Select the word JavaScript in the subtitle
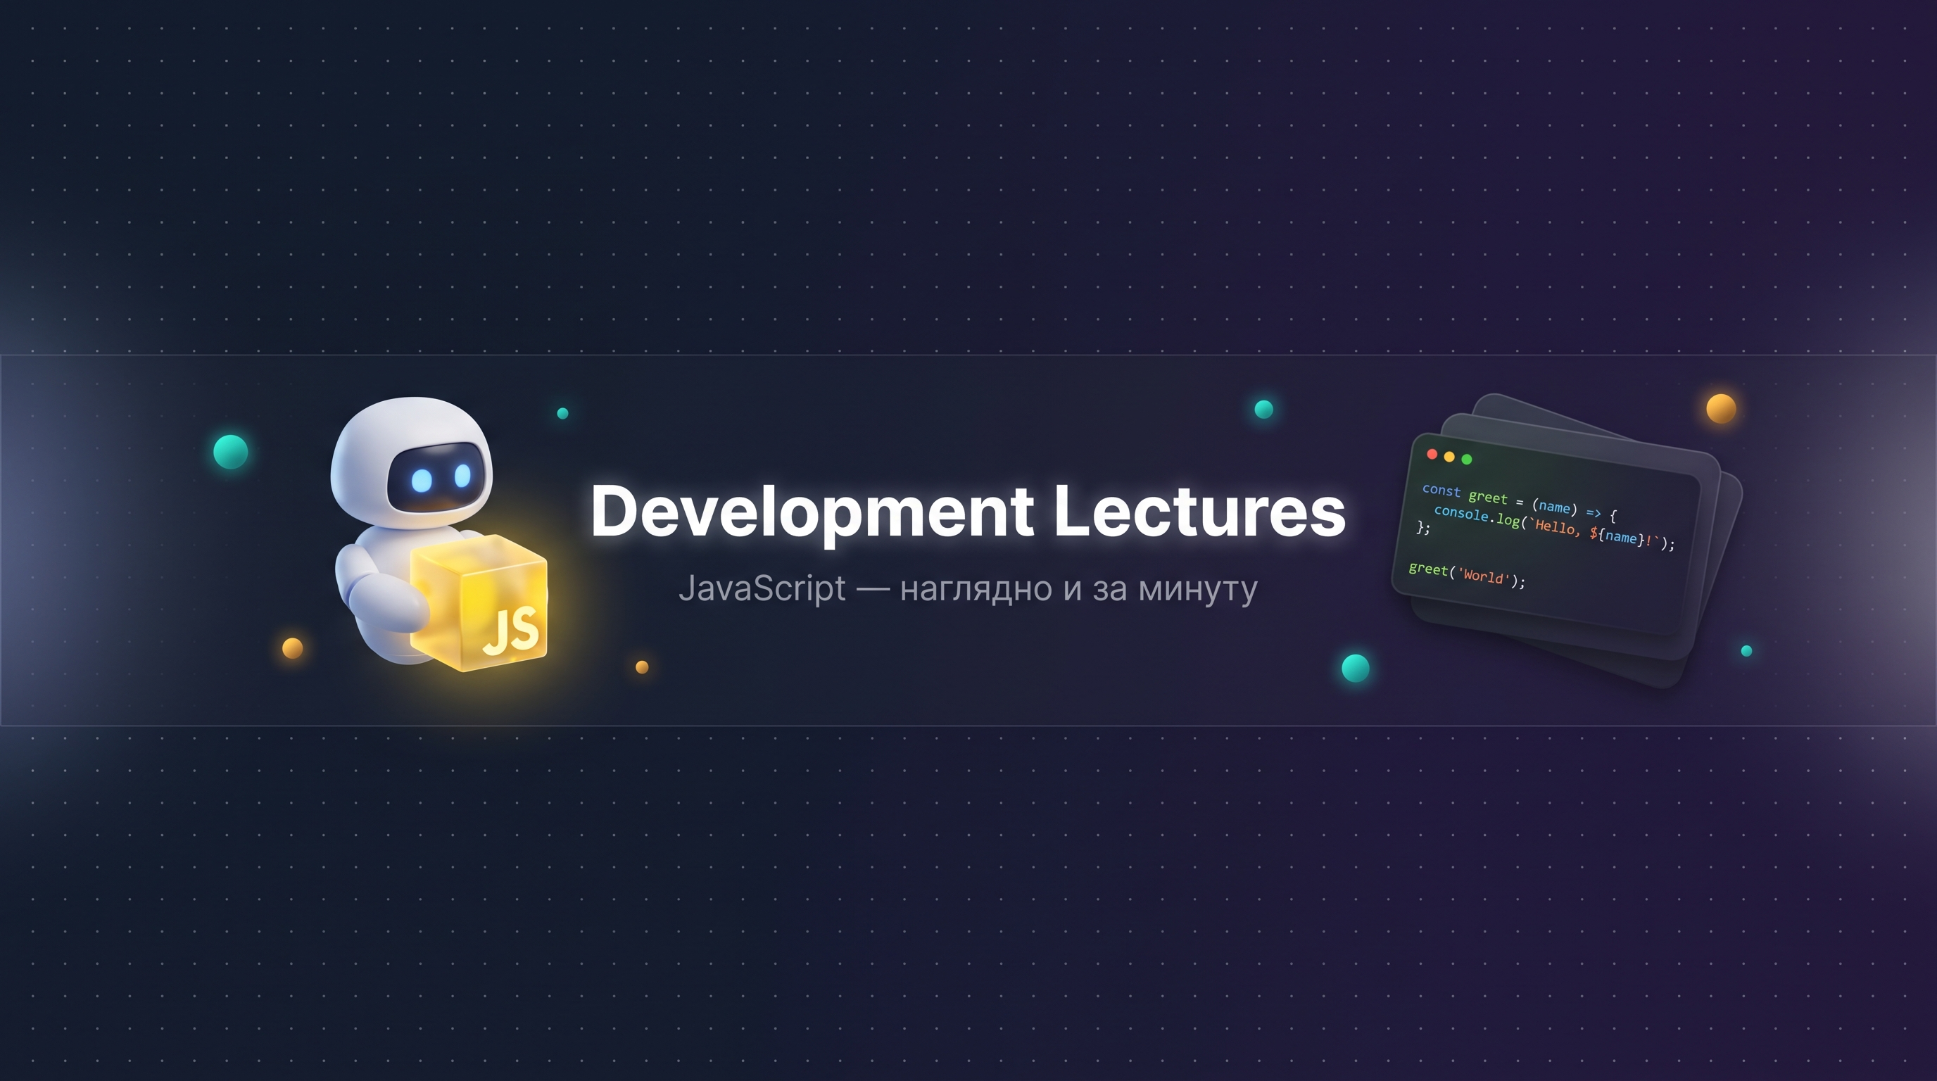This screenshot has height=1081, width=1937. (762, 588)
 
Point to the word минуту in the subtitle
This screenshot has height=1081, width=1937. (1198, 590)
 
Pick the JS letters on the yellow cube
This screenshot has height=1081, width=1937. (510, 630)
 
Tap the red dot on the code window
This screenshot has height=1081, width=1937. (1432, 454)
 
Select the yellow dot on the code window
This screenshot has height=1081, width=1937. (1449, 457)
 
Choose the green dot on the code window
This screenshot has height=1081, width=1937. (1466, 460)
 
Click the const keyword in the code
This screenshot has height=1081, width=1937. (1441, 490)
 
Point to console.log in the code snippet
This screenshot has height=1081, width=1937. (1477, 516)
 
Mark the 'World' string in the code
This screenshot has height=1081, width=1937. (1484, 576)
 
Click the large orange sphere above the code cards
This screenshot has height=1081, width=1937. (1721, 409)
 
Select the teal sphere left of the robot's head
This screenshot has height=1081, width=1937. (231, 452)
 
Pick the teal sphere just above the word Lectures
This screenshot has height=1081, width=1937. (1264, 409)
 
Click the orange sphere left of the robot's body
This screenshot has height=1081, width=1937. (293, 648)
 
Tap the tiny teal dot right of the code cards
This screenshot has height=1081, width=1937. (1747, 651)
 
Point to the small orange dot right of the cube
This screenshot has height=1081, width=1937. (642, 666)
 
